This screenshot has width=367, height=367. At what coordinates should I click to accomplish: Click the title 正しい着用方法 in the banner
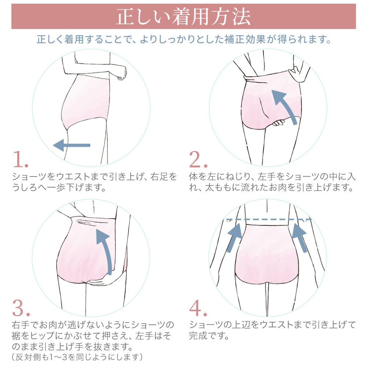(183, 17)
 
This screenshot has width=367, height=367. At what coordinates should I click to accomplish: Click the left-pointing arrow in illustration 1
(72, 145)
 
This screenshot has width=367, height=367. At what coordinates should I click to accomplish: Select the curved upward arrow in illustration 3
(105, 250)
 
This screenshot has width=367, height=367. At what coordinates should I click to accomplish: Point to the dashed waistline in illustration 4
(268, 219)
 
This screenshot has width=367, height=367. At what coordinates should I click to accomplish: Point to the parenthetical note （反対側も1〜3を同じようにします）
(77, 357)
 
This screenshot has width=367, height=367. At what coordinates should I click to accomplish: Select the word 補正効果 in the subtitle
(251, 39)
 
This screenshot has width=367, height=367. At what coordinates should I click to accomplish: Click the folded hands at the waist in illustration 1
(117, 72)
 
